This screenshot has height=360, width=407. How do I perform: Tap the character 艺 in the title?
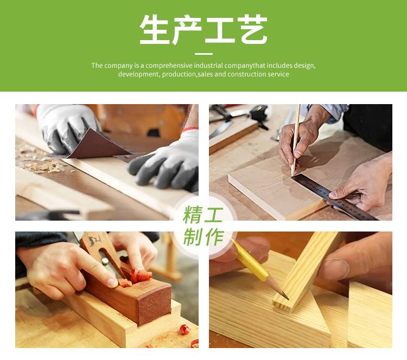(254, 30)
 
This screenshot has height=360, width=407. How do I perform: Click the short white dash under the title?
(203, 54)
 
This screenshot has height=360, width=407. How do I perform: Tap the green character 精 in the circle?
(192, 215)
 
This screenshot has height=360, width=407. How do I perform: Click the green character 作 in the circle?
(214, 237)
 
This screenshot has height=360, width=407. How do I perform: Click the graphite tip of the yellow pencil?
(285, 295)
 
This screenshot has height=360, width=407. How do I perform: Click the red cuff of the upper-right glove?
(189, 129)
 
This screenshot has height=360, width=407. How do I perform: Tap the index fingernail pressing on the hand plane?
(112, 282)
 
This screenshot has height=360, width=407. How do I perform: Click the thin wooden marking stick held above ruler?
(296, 140)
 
